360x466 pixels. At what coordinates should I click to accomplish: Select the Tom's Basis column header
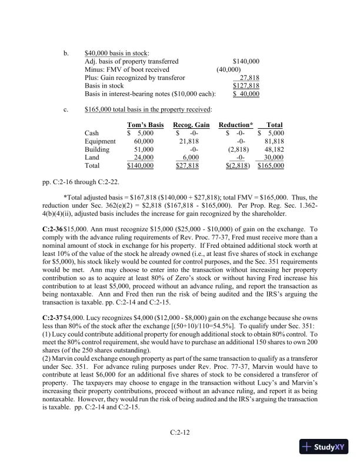(145, 125)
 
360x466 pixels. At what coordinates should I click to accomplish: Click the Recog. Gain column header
(192, 125)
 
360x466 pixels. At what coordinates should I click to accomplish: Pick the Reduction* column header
(236, 125)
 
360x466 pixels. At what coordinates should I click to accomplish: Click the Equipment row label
(99, 141)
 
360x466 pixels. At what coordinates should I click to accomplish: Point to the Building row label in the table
(97, 149)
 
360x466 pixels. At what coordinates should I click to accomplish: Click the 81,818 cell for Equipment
(274, 141)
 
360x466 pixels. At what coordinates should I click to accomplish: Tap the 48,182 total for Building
(274, 149)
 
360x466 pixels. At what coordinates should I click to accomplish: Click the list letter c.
(66, 108)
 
